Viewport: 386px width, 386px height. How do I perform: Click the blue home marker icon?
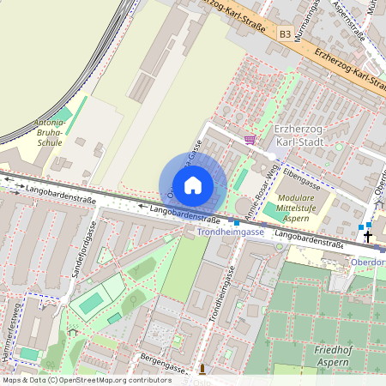coord(193,185)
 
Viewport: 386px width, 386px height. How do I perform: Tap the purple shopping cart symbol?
coord(250,139)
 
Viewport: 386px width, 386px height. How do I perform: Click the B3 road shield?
coord(285,33)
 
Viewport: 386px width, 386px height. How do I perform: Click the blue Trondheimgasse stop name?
coord(230,232)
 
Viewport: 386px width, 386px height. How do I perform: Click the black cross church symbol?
coord(369,236)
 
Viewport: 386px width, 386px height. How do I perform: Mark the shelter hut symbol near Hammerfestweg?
coord(73,331)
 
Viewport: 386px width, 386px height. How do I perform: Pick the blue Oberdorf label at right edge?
coord(369,262)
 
